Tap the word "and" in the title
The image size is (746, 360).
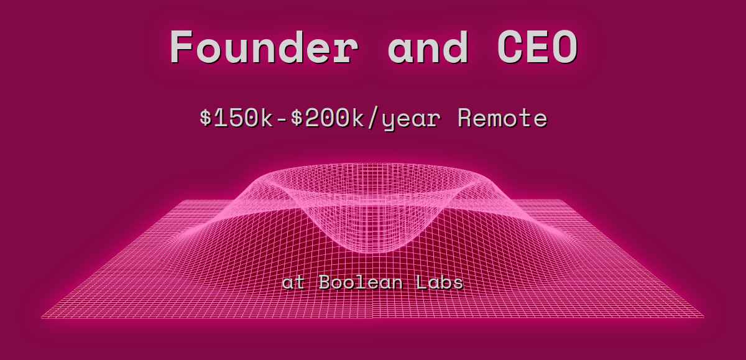click(x=428, y=47)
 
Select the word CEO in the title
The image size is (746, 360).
click(x=537, y=47)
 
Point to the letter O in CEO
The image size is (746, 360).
click(x=564, y=47)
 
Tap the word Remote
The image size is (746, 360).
click(x=502, y=118)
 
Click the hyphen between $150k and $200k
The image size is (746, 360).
click(x=283, y=118)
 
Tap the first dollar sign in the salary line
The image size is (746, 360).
click(x=206, y=118)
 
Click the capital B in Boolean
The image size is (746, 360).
click(x=325, y=283)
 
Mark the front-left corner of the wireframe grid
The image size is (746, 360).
click(x=42, y=318)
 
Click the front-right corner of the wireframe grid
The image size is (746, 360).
click(x=704, y=318)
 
